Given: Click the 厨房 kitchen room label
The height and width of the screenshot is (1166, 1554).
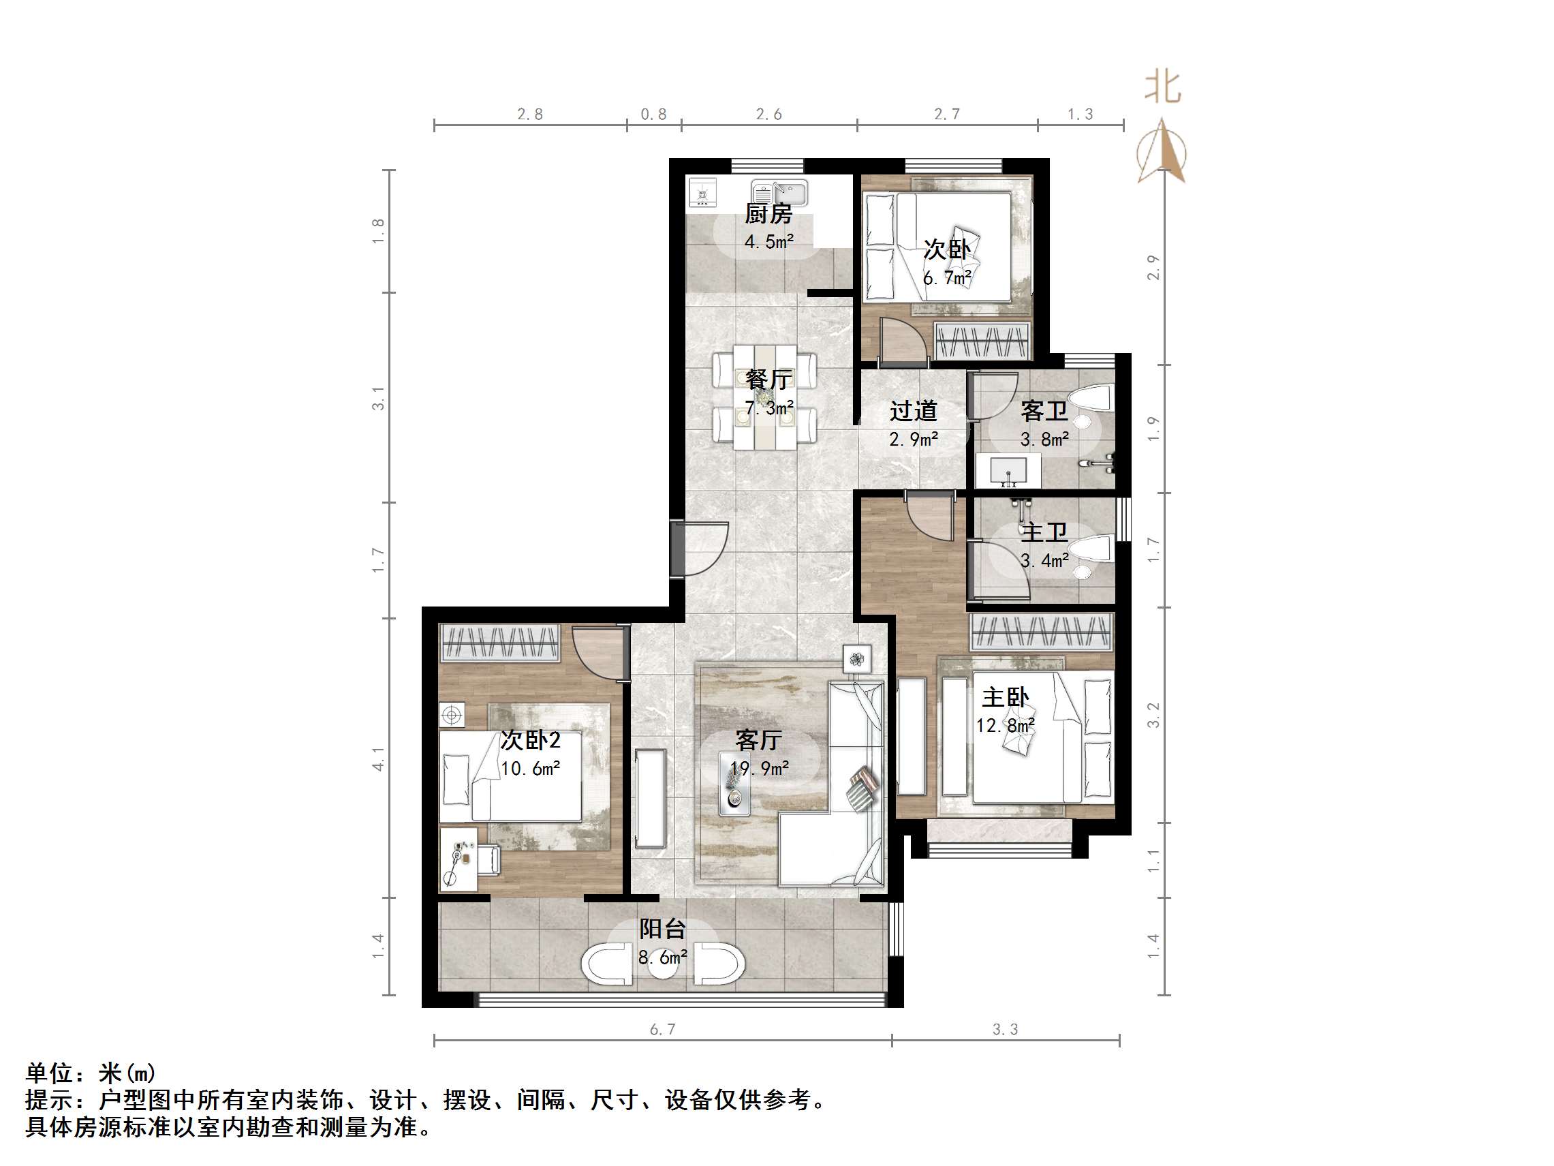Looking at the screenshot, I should pos(768,214).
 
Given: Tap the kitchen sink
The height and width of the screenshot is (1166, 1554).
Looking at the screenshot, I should pos(781,192).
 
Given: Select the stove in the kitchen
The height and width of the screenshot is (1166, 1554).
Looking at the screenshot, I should pos(703,193).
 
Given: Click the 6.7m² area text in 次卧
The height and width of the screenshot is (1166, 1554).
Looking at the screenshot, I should pos(947,278).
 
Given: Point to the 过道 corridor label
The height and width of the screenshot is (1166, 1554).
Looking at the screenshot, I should pos(914,411).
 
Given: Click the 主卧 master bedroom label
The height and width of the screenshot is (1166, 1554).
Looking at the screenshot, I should pos(1006,698).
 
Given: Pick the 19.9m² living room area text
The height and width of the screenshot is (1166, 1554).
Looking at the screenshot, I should pos(760,769).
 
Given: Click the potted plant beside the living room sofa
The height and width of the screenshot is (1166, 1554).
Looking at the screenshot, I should pos(857,659).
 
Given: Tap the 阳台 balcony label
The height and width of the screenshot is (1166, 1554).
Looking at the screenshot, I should pos(662,929).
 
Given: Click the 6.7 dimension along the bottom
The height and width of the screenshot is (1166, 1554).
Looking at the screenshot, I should pos(662,1030).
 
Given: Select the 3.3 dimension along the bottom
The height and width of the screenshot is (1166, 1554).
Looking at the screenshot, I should pos(1006,1030).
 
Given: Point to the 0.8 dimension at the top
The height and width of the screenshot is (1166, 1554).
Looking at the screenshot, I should pos(653,114).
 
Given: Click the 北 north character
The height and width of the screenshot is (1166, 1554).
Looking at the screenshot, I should pos(1163,88).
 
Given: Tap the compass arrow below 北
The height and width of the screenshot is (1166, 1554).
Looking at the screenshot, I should pos(1163,151).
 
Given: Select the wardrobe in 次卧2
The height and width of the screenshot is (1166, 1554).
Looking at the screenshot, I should pos(500,643).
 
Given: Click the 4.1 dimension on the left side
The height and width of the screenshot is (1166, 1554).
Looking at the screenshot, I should pos(379,759).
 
